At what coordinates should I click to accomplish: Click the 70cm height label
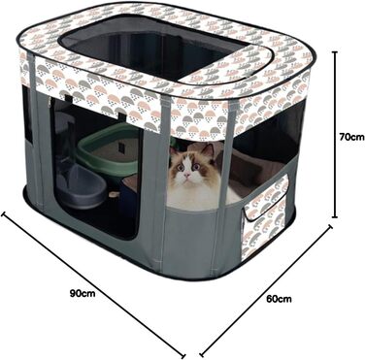coord(351,137)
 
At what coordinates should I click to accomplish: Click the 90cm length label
coord(83,293)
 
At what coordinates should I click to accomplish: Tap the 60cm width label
coord(279,299)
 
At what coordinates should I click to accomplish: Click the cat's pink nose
coord(187,175)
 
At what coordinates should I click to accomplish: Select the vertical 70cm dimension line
coord(335,135)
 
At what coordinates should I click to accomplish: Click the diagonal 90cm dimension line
coord(93,284)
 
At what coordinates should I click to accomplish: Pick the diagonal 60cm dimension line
coord(266,289)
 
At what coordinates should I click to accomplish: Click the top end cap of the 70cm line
coord(335,52)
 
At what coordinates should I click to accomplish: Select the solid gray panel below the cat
coord(191,236)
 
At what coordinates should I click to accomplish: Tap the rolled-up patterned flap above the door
coord(97,97)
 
